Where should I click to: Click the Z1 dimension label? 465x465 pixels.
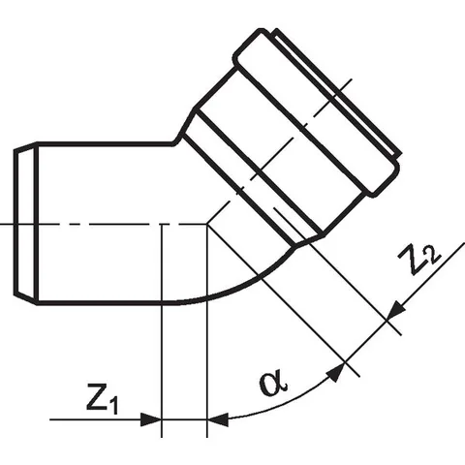102,399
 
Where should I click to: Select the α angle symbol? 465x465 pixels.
273,384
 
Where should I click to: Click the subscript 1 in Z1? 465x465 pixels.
113,406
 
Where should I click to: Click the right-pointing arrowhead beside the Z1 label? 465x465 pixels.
151,419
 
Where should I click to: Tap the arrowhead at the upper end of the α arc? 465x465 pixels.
336,372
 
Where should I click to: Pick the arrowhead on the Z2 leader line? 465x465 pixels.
396,310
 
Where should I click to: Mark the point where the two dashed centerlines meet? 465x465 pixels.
207,224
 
